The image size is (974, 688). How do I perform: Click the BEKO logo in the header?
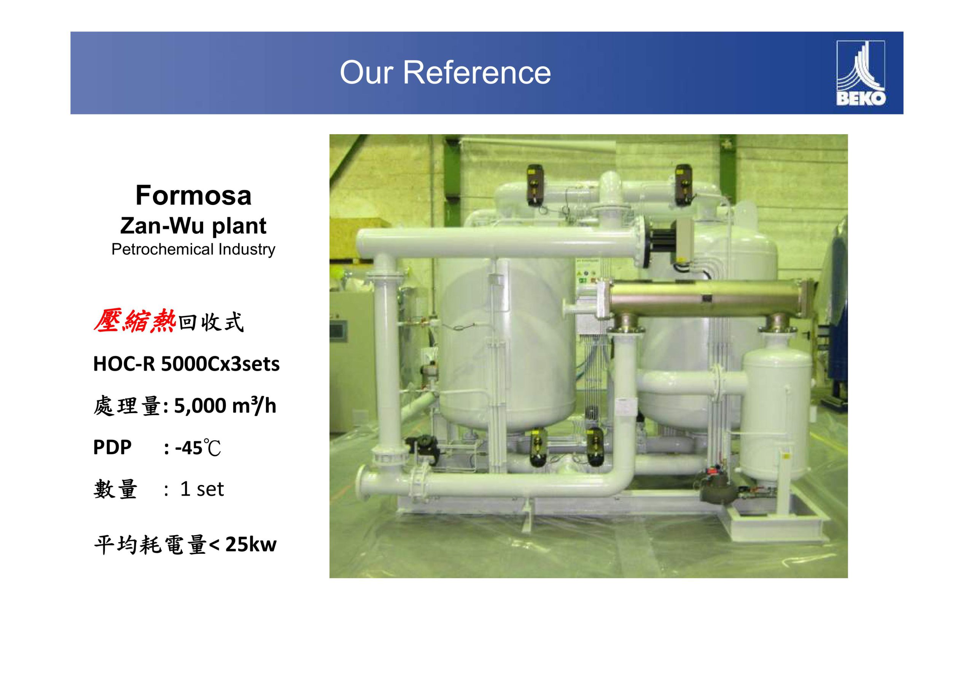tap(860, 73)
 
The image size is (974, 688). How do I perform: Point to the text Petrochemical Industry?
tap(193, 249)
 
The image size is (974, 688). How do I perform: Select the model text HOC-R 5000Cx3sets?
tap(186, 364)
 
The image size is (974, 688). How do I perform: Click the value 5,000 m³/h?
tap(225, 406)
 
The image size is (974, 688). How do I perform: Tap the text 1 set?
tap(202, 489)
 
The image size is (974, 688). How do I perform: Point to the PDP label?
tap(112, 447)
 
